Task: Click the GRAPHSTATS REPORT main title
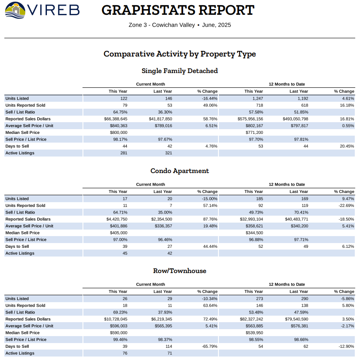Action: [x=178, y=10]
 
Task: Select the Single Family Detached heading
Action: [x=179, y=70]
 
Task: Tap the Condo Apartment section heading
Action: [x=179, y=171]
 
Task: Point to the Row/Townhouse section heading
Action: [x=179, y=271]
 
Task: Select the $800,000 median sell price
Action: [x=119, y=133]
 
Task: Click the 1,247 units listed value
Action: [x=256, y=99]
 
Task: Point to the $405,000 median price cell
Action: [x=119, y=233]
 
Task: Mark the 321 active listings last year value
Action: [x=168, y=153]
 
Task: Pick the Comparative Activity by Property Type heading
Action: [x=179, y=54]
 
